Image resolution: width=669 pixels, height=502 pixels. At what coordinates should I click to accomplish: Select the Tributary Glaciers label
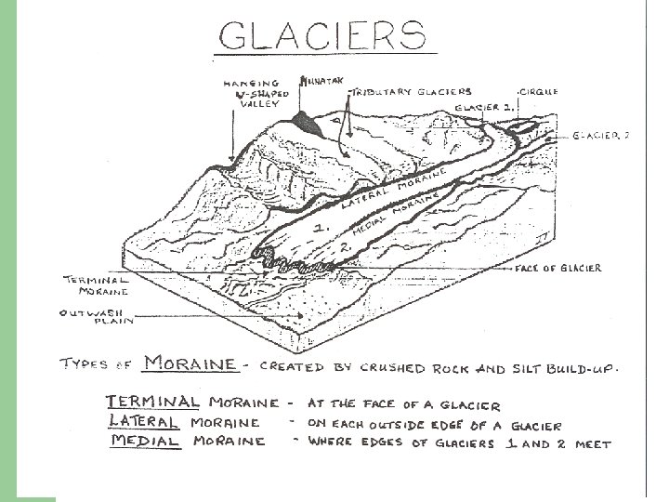point(413,92)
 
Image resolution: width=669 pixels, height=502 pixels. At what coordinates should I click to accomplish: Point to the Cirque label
point(538,92)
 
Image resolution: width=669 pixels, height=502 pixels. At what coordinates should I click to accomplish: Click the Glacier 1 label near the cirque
point(484,107)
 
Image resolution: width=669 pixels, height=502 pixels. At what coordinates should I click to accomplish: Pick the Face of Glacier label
point(557,269)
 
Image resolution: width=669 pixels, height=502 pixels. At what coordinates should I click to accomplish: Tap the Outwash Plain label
point(97,317)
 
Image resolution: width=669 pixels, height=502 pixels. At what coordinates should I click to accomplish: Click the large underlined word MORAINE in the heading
point(190,363)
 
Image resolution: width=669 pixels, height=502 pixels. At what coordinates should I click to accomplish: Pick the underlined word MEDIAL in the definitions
point(144,441)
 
